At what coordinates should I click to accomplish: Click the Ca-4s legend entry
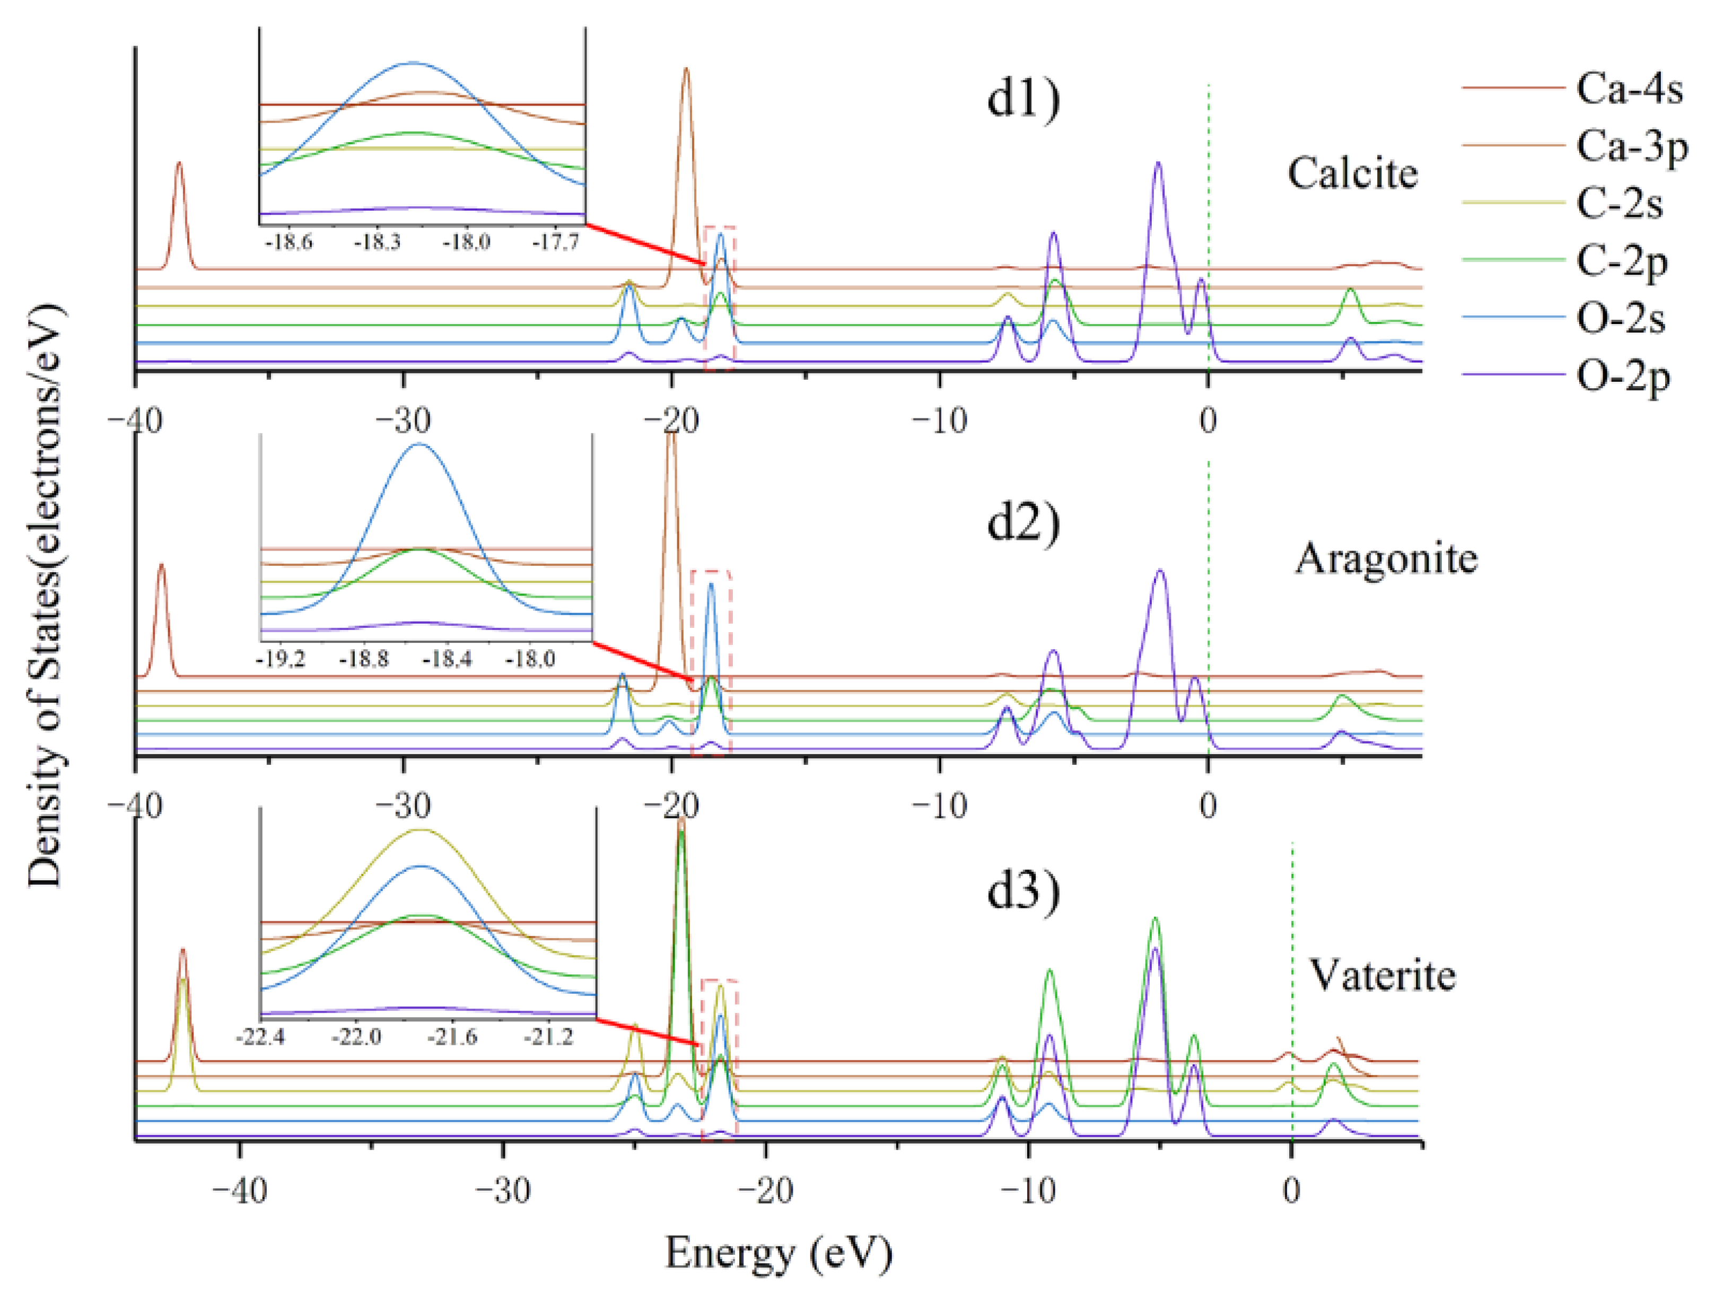click(x=1629, y=89)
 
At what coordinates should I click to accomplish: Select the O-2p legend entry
click(x=1623, y=377)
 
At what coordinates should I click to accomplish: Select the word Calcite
click(x=1353, y=174)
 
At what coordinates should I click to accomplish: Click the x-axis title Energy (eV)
click(x=778, y=1251)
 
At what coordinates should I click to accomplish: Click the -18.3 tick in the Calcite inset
click(x=377, y=243)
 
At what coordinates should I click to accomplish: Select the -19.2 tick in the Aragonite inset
click(x=280, y=659)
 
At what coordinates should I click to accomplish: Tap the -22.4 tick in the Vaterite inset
click(x=260, y=1036)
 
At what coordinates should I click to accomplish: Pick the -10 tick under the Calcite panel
click(x=939, y=421)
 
